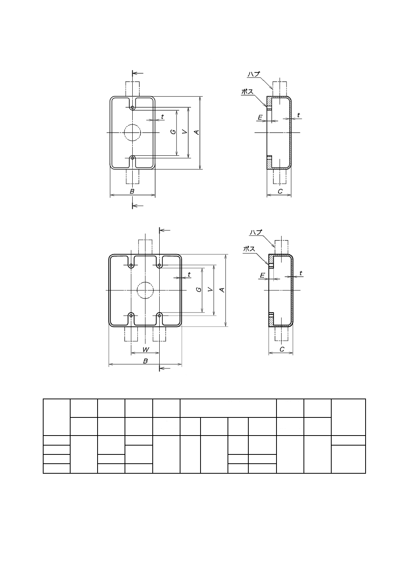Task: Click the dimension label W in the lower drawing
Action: (145, 350)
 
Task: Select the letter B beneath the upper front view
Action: (132, 192)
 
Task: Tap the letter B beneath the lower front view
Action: (145, 361)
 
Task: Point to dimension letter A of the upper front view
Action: (197, 132)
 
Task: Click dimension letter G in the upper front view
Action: (174, 132)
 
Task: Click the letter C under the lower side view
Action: (282, 350)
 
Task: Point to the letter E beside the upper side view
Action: (260, 117)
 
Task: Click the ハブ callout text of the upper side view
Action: (253, 74)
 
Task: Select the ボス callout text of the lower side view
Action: (249, 249)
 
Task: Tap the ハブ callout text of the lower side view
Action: (255, 232)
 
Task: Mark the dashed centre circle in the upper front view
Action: (132, 133)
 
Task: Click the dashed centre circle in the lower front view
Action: (145, 290)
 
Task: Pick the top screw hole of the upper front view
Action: (132, 107)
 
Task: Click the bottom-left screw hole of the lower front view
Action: (132, 316)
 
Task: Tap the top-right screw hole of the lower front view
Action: (159, 265)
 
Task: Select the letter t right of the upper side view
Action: (298, 115)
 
